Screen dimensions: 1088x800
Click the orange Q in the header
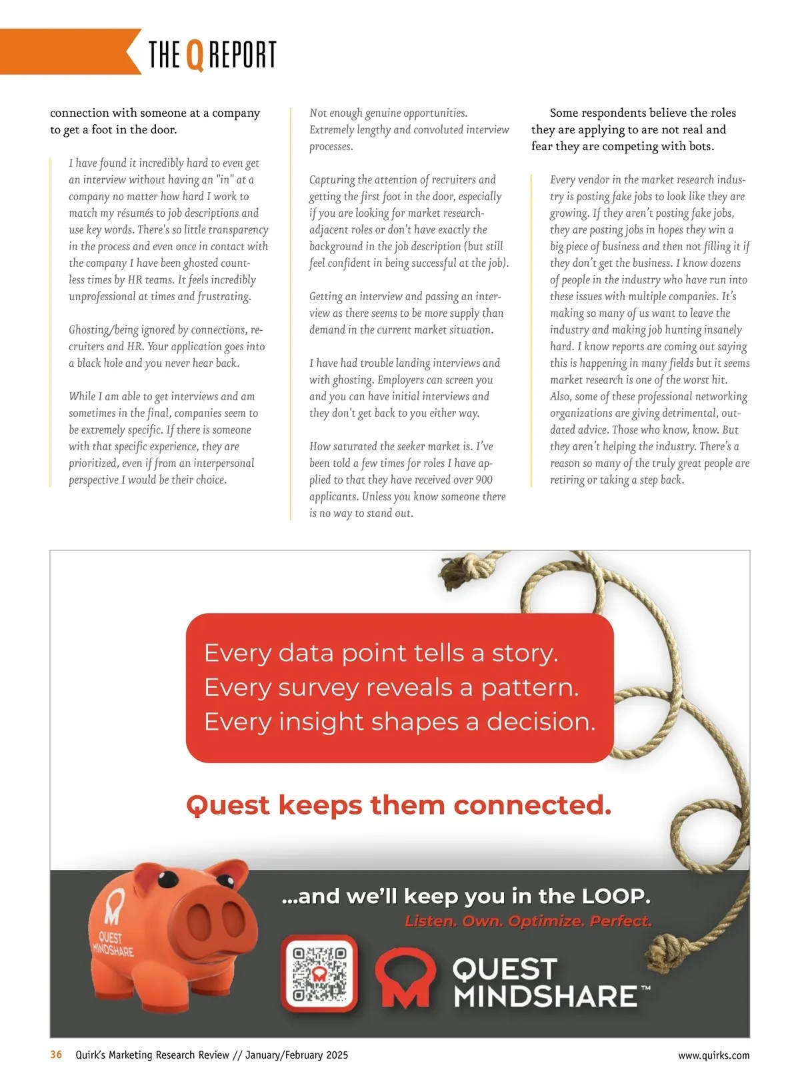coord(194,55)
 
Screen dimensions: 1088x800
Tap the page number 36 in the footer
coord(56,1055)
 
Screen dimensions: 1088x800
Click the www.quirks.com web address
coord(713,1055)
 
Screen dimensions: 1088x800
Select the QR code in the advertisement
coord(319,973)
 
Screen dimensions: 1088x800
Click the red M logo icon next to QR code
coord(403,977)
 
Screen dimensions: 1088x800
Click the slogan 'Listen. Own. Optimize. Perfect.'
coord(528,921)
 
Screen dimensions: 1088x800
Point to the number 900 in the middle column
coord(484,480)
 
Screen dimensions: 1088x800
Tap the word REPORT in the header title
coord(243,55)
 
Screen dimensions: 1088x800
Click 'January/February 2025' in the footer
coord(297,1055)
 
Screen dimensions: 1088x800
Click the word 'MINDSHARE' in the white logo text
coord(545,997)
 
